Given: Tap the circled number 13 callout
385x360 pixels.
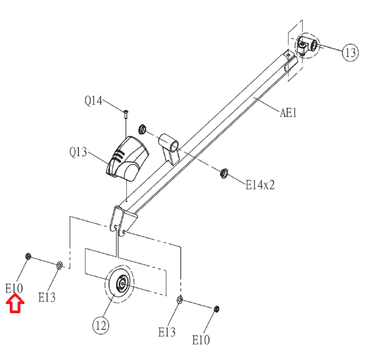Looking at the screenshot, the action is click(350, 52).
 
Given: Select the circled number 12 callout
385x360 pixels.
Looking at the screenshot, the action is click(101, 325).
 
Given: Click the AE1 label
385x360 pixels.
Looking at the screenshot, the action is click(288, 113).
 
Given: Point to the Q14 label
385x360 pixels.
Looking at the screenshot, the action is click(93, 100).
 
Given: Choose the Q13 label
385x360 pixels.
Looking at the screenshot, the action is click(78, 152).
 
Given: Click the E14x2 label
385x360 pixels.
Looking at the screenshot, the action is click(260, 185).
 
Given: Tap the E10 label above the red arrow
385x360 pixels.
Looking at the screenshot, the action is click(14, 288).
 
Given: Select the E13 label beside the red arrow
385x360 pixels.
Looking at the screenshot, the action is click(46, 297).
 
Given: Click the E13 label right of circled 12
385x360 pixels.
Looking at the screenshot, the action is click(167, 332).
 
